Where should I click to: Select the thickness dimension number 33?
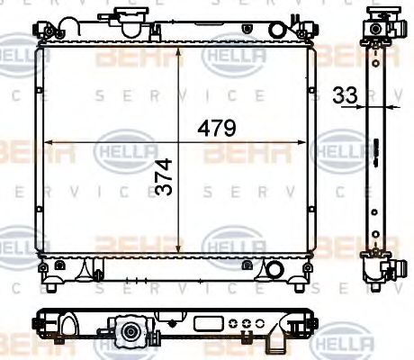pos(343,94)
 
